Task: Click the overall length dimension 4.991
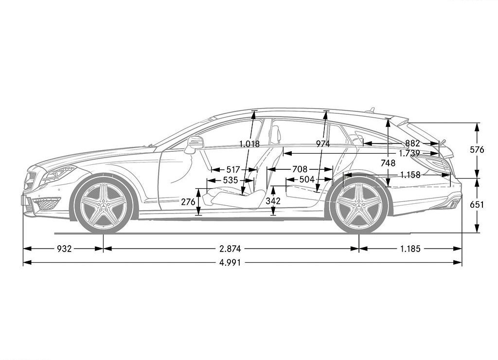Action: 230,263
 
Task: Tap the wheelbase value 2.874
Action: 230,249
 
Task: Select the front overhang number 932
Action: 64,249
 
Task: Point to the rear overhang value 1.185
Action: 410,249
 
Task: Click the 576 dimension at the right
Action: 477,149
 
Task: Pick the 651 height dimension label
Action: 477,205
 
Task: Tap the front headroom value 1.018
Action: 249,144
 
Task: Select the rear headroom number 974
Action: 323,144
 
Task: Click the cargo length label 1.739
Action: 409,153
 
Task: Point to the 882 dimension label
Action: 412,144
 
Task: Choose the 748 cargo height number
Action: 388,163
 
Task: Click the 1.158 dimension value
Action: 410,175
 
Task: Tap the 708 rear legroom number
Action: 300,169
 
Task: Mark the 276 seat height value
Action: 188,202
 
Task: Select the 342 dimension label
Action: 273,201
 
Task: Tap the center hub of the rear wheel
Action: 359,207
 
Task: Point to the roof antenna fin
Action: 370,110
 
